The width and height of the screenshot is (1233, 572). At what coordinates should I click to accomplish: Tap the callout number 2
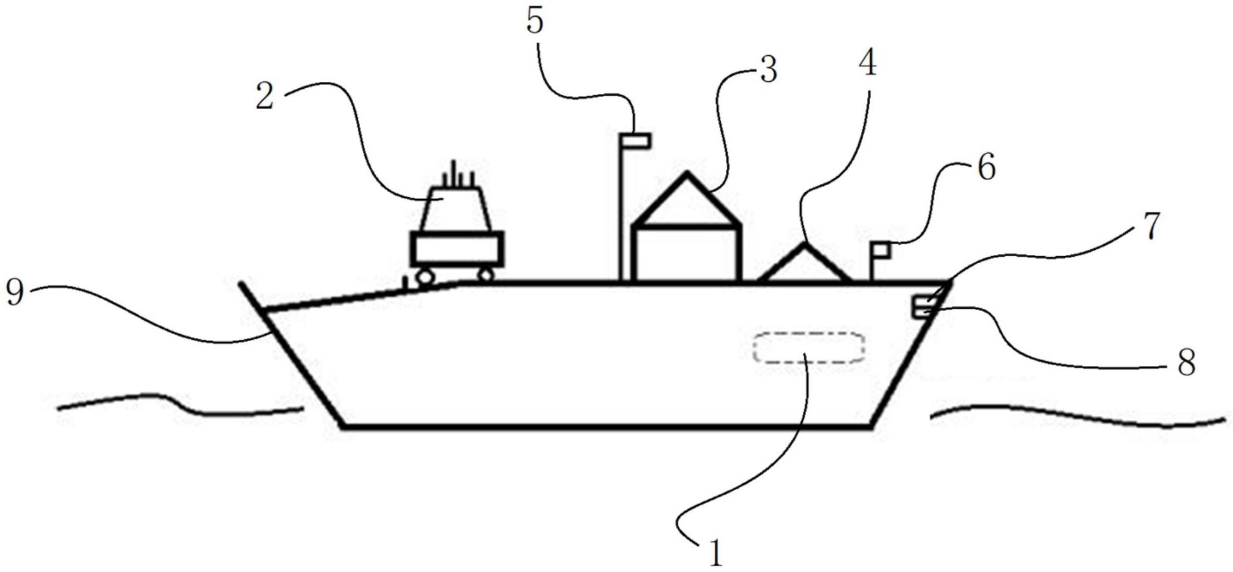(x=265, y=96)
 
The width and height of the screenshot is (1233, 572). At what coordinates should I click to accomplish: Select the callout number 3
(x=768, y=70)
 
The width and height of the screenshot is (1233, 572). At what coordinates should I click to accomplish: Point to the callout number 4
(x=867, y=63)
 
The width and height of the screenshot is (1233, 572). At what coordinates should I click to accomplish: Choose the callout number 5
(x=535, y=21)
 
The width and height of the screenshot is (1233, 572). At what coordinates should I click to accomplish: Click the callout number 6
(x=987, y=167)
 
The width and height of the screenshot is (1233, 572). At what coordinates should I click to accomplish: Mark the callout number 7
(x=1151, y=226)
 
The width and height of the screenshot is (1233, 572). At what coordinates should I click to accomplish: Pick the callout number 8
(x=1185, y=363)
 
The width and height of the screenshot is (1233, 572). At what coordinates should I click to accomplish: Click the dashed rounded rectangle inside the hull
(x=808, y=348)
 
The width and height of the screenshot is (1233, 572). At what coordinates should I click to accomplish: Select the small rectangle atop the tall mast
(x=636, y=140)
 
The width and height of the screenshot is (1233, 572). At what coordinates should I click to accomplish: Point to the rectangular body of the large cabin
(x=687, y=253)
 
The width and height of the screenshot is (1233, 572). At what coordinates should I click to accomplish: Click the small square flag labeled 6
(x=881, y=250)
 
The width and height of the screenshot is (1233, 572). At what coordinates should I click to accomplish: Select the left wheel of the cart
(x=423, y=276)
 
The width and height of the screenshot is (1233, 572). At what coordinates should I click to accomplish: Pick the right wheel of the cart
(x=486, y=275)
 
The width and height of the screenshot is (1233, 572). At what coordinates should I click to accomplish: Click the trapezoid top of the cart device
(x=456, y=209)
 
